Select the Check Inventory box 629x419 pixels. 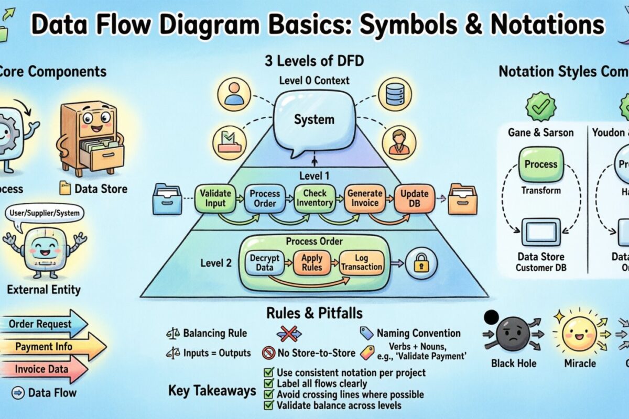coord(314,199)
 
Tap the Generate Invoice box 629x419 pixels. coord(365,199)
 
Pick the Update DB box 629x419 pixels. coord(415,199)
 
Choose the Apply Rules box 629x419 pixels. coord(311,262)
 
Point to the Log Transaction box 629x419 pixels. coord(362,262)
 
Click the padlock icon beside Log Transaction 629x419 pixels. coord(421,263)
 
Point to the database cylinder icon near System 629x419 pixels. coord(395,94)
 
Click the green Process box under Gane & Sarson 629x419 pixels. coord(541,164)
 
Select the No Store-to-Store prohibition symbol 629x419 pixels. coord(268,353)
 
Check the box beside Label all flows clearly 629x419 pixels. coord(268,384)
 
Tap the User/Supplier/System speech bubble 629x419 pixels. coord(45,213)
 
